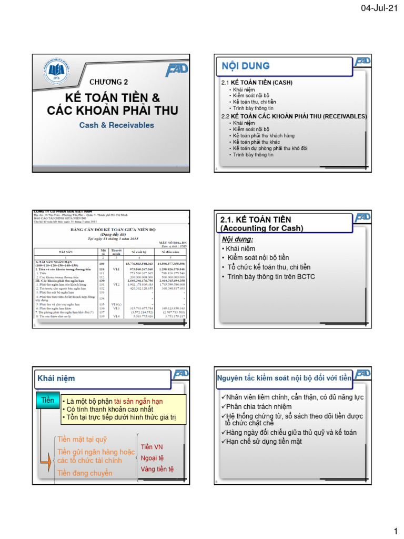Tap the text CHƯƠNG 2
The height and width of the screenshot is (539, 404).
[x=109, y=82]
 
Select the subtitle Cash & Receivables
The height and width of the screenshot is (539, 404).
[x=117, y=125]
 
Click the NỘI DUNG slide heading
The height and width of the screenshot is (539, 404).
[x=246, y=66]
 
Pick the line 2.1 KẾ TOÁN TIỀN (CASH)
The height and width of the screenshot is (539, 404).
[x=257, y=83]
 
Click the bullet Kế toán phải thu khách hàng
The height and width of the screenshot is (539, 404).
[x=264, y=135]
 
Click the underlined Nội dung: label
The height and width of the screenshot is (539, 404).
[x=238, y=239]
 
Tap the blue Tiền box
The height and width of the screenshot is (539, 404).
[x=47, y=401]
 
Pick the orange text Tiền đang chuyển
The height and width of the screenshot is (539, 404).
[x=84, y=473]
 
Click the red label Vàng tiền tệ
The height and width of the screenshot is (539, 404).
[x=157, y=469]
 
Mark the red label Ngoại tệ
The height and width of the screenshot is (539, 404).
[x=153, y=458]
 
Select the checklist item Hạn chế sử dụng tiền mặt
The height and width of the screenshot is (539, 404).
[x=261, y=441]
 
